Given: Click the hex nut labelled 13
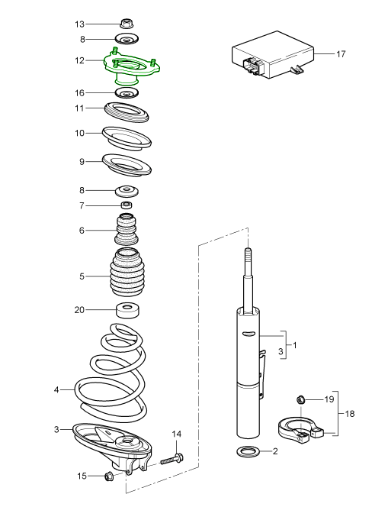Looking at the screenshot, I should click(x=127, y=24).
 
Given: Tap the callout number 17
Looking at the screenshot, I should click(x=341, y=53).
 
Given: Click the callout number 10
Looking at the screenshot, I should click(x=80, y=134).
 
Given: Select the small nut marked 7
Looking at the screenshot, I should click(x=127, y=205).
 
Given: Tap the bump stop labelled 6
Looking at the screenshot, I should click(x=127, y=230).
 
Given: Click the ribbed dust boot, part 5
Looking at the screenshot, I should click(x=127, y=274).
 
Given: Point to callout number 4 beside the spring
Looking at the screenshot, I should click(x=56, y=390).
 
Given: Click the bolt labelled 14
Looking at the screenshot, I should click(x=172, y=460).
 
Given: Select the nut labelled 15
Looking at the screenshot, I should click(x=107, y=477).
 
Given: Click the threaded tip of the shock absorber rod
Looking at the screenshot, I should click(x=247, y=254).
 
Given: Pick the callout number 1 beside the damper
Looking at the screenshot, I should click(x=294, y=345).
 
